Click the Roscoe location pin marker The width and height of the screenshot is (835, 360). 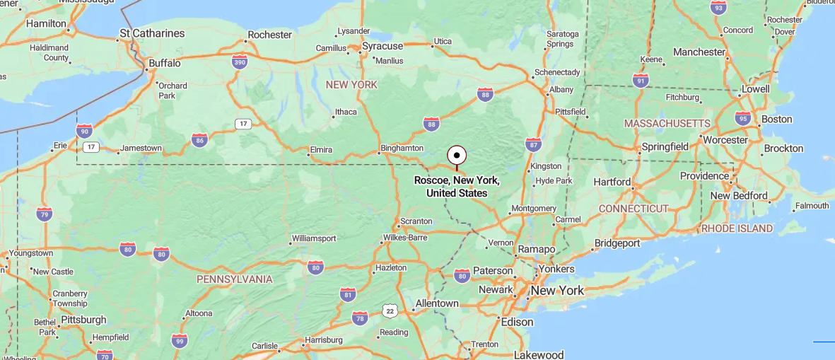(457, 156)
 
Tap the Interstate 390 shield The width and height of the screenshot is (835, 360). (240, 62)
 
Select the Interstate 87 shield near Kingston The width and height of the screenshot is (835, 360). (533, 145)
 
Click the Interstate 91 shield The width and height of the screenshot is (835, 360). (641, 80)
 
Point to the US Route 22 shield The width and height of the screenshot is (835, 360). (389, 310)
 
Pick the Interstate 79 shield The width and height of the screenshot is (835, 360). (45, 214)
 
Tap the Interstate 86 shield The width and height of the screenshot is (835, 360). (199, 140)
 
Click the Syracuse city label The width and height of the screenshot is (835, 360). (382, 46)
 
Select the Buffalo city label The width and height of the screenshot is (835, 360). (164, 63)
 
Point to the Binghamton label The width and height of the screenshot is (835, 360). (402, 149)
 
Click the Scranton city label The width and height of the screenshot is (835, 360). (416, 221)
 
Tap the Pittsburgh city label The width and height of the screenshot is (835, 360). (83, 320)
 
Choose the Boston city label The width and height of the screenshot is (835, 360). (776, 119)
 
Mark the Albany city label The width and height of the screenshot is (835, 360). (561, 90)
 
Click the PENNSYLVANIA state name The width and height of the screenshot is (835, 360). (234, 279)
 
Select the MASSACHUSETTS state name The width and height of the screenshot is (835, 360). (667, 124)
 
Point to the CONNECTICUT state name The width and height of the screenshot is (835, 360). (633, 209)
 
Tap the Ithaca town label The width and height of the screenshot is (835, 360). (346, 112)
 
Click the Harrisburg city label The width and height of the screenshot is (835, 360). (323, 340)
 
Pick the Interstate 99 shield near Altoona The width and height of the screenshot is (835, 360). (180, 341)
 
